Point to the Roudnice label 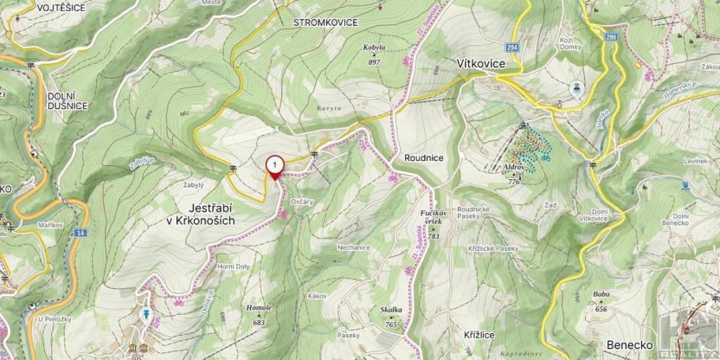pyautogui.click(x=423, y=158)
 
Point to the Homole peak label pyautogui.click(x=260, y=308)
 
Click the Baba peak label pyautogui.click(x=601, y=294)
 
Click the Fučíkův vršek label pyautogui.click(x=432, y=218)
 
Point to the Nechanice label pyautogui.click(x=354, y=247)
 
